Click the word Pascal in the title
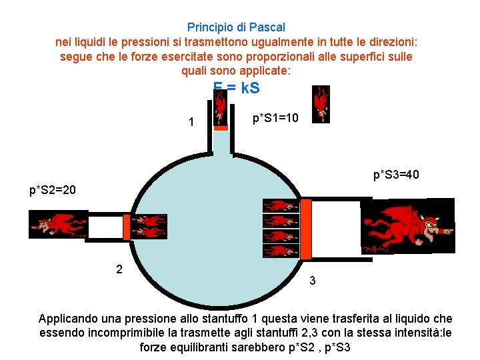click(267, 27)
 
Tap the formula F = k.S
click(237, 88)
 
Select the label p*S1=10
click(276, 119)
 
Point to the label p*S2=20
click(53, 190)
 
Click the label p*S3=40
click(396, 175)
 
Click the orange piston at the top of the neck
click(221, 126)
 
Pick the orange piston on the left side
click(127, 226)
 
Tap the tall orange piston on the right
click(307, 229)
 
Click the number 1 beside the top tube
click(191, 123)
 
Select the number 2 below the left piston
click(119, 269)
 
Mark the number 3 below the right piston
click(313, 281)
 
